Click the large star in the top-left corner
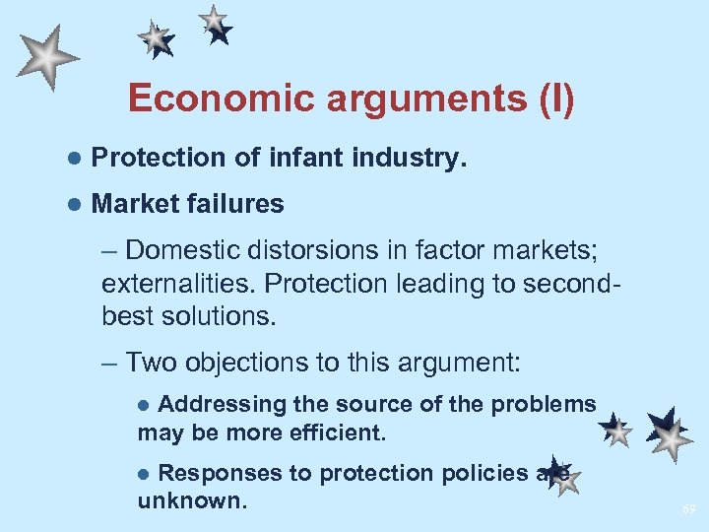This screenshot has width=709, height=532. tap(46, 57)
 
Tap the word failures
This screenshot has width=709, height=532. tap(233, 204)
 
